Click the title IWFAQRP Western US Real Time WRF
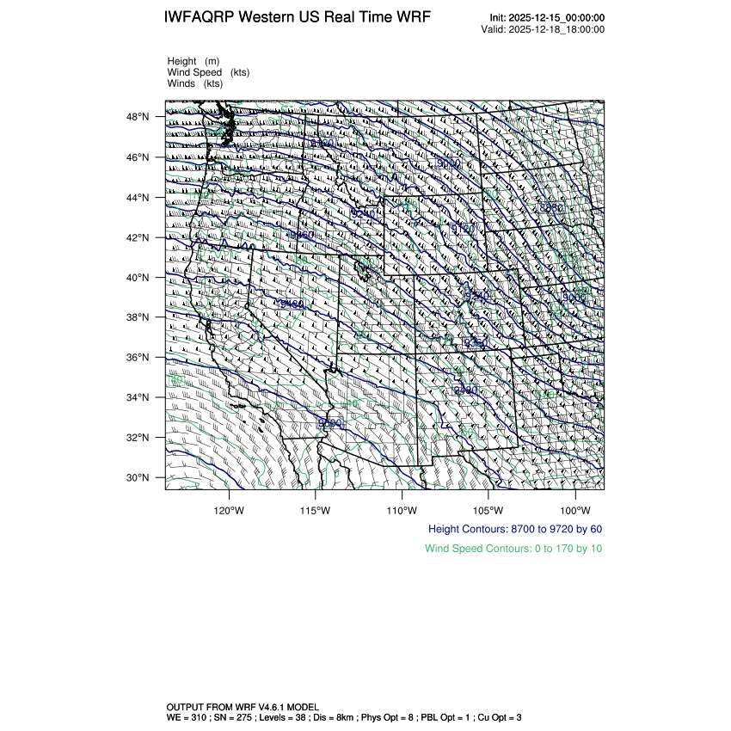click(x=298, y=17)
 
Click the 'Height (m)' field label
click(x=194, y=61)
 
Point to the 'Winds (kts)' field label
click(x=195, y=83)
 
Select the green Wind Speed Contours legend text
click(x=513, y=548)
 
